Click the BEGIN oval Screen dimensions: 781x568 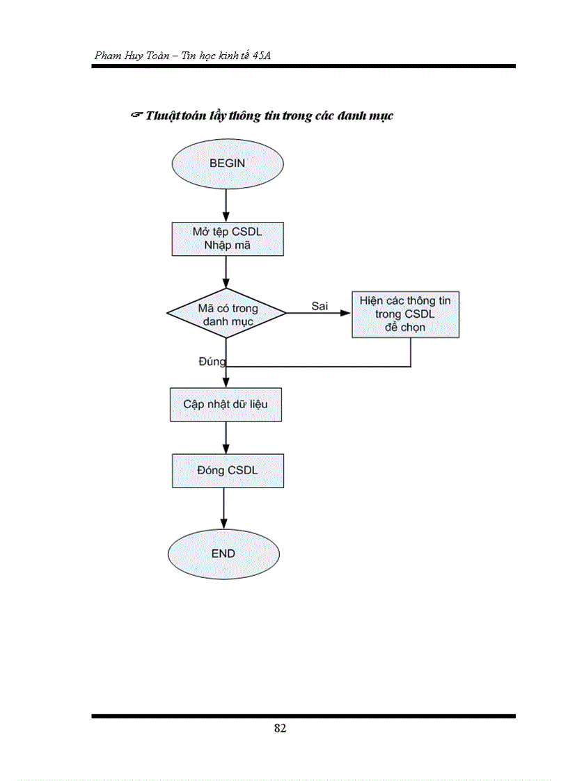[x=227, y=163]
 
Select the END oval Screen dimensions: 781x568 [x=223, y=554]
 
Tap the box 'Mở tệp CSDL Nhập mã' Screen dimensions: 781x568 [x=228, y=239]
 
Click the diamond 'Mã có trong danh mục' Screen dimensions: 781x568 [x=227, y=314]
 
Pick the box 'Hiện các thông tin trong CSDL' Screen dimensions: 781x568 [x=405, y=314]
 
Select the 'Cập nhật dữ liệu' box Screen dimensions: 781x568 [x=226, y=404]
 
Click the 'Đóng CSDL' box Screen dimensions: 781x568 [x=228, y=470]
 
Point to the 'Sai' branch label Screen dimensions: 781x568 [x=319, y=306]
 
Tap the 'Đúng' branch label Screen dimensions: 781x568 [x=212, y=362]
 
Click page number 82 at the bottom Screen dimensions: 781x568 [x=280, y=729]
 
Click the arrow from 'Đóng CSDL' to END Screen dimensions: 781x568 [x=224, y=508]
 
